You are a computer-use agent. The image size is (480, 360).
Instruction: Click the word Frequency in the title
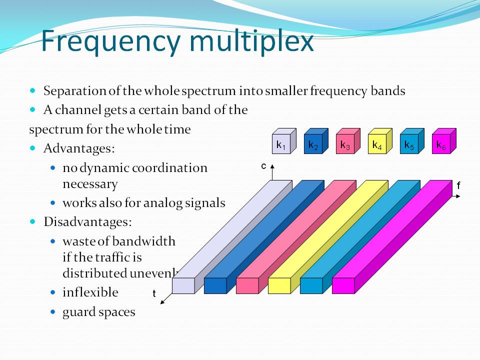pos(108,41)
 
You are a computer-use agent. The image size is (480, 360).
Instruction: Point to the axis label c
pos(263,166)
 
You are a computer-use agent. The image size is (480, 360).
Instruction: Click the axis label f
pos(458,185)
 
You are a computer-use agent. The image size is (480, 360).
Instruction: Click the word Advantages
pos(78,148)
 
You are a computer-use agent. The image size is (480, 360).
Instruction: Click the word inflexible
pos(90,292)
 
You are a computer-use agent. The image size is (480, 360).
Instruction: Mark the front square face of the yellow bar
pos(279,285)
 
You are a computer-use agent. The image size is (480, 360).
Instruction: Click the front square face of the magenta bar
pos(343,285)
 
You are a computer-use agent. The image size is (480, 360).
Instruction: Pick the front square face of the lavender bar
pos(183,285)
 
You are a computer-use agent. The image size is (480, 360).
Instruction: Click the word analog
pos(173,203)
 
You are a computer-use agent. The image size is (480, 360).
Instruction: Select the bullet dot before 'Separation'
pos(33,91)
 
